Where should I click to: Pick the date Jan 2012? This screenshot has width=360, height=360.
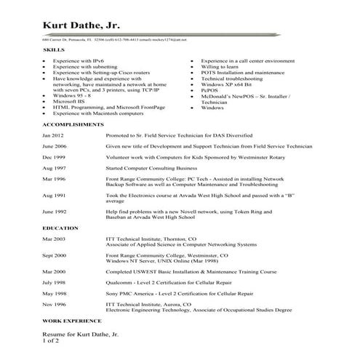53,136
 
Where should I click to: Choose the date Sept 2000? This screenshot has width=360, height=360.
55,255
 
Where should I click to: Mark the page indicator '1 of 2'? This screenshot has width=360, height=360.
52,340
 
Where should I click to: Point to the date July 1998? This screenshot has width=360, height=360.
54,281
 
